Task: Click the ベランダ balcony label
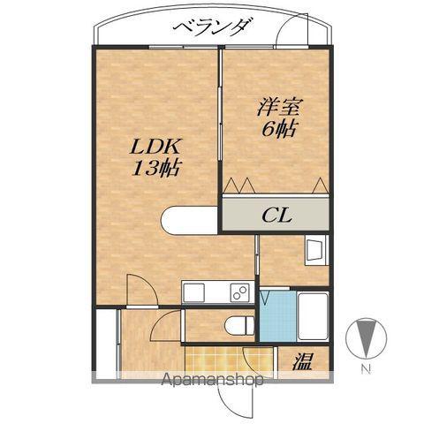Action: point(211,27)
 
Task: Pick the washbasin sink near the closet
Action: point(315,251)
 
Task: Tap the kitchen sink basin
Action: point(196,293)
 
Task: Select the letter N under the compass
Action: point(365,368)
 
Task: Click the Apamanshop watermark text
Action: point(212,382)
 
